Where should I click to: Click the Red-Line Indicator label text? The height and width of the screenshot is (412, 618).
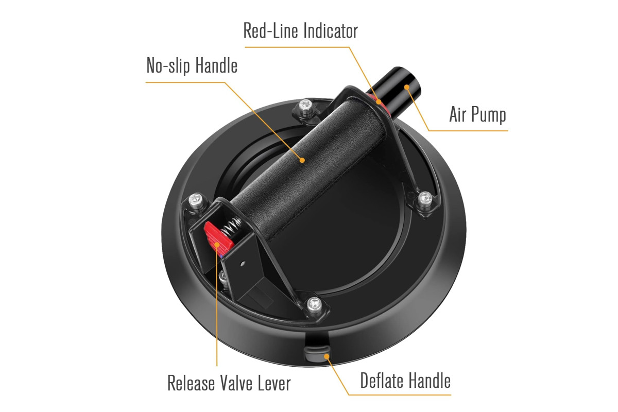[300, 30]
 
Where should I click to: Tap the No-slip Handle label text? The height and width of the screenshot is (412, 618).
[192, 65]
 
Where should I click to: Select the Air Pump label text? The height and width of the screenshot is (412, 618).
[477, 114]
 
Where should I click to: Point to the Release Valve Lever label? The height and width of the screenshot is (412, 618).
[229, 383]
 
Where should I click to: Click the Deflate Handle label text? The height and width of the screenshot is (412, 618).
[405, 380]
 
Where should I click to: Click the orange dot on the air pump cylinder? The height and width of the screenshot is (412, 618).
[406, 87]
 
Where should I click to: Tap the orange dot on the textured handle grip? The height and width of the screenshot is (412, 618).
[302, 160]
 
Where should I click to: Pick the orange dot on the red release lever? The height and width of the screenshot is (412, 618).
[217, 244]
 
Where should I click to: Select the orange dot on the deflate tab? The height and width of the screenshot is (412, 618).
[327, 356]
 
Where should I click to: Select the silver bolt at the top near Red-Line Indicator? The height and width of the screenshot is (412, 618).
[306, 106]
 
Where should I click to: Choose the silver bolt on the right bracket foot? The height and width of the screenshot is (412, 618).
[425, 198]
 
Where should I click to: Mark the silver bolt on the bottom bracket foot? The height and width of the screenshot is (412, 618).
[314, 304]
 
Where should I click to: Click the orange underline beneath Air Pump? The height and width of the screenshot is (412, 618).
[468, 130]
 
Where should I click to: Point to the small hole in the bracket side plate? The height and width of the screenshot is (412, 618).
[242, 264]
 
